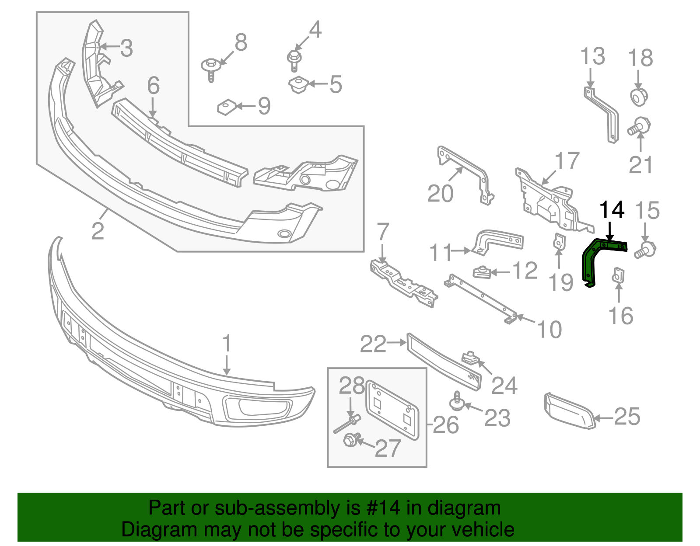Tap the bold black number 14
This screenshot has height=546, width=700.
pyautogui.click(x=611, y=210)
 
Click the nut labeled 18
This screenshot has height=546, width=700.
pyautogui.click(x=639, y=97)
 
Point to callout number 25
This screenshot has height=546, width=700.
pyautogui.click(x=627, y=417)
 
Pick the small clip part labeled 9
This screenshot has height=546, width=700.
pyautogui.click(x=226, y=107)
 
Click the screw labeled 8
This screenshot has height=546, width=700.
pyautogui.click(x=210, y=70)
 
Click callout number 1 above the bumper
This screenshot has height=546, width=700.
pyautogui.click(x=227, y=344)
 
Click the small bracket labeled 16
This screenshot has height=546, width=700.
pyautogui.click(x=618, y=275)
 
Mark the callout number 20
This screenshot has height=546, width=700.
pyautogui.click(x=440, y=194)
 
